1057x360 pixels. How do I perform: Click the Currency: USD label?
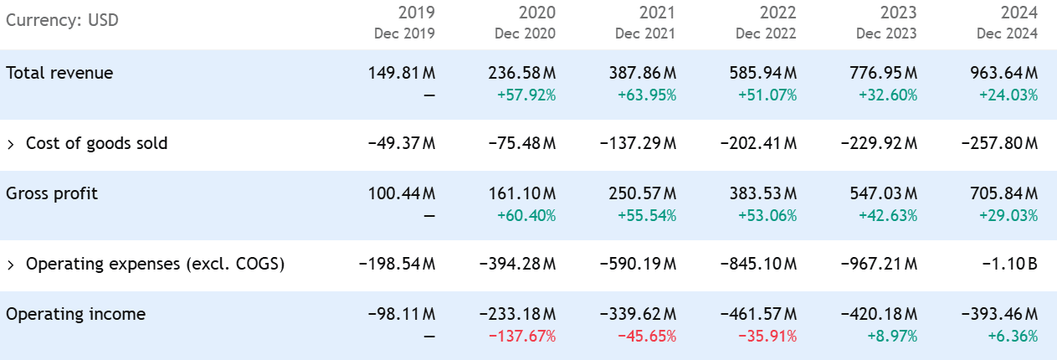pos(62,19)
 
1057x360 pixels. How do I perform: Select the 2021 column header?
pos(657,13)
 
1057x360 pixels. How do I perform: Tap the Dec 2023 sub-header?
pos(886,34)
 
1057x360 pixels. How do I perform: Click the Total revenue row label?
pos(59,73)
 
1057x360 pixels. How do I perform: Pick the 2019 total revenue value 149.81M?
pos(402,73)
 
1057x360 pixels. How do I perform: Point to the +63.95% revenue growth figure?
pos(647,95)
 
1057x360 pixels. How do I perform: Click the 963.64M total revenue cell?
pos(1004,73)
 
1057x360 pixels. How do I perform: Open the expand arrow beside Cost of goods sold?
pos(11,144)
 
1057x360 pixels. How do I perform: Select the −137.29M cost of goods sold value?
pos(638,143)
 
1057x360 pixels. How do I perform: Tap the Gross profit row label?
pos(52,193)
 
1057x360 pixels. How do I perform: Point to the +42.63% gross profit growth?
pos(888,215)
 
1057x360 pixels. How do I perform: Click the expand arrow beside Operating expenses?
pos(11,265)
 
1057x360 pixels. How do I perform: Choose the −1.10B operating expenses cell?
pos(1014,265)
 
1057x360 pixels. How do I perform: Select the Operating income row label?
pos(75,314)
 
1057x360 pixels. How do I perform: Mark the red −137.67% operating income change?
pos(524,336)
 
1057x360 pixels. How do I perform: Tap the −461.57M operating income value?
pos(758,314)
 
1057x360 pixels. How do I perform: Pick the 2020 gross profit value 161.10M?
pos(522,193)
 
